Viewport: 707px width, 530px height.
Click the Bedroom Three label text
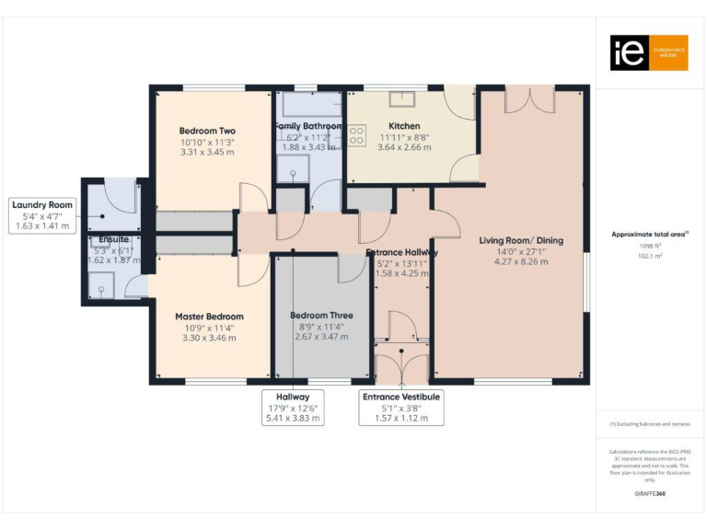pos(322,316)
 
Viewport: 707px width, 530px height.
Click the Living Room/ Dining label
pos(521,241)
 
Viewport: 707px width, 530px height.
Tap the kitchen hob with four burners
pos(355,135)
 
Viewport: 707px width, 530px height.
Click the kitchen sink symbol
pos(401,99)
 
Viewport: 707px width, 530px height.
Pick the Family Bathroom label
pos(308,126)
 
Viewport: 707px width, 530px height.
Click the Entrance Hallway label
pos(401,252)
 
